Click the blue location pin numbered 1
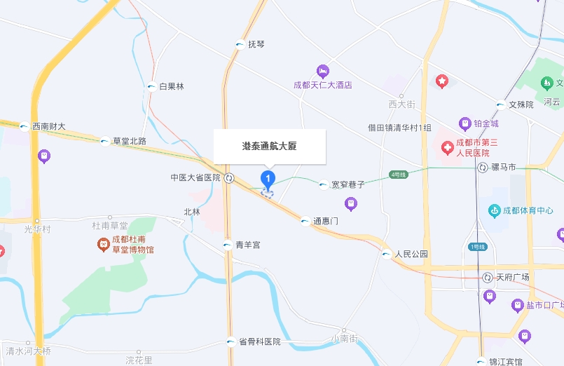point(267,179)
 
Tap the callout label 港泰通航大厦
point(270,146)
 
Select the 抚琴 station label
point(256,44)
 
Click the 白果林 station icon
point(151,87)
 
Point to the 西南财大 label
point(49,127)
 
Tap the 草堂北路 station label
point(130,141)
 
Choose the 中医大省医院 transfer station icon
point(229,178)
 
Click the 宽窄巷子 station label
point(348,185)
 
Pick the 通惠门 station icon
point(305,222)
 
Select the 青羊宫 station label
point(248,245)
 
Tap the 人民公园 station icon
point(387,255)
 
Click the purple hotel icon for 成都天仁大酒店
point(322,71)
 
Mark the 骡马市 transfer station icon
point(483,168)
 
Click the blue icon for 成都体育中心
point(495,210)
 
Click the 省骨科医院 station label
point(259,342)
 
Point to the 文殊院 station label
point(521,104)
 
